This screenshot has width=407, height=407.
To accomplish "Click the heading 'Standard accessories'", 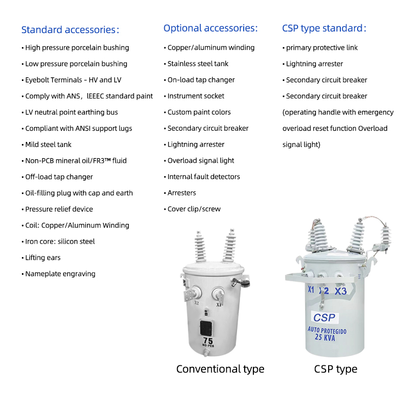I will (x=70, y=30).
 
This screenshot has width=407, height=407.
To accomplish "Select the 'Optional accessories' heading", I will (x=210, y=28).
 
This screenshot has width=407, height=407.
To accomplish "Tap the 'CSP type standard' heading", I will (x=324, y=28).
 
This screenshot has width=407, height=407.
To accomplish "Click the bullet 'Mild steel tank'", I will (x=48, y=144).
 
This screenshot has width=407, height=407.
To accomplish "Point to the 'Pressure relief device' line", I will (x=59, y=209).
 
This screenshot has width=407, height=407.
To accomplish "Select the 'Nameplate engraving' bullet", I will (x=60, y=274).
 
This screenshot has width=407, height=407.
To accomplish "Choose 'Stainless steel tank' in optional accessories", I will (x=198, y=64).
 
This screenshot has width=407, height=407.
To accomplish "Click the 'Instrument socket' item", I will (x=196, y=96).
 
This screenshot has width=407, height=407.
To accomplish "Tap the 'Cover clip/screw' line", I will (x=194, y=209).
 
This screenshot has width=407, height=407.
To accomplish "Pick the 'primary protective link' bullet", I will (x=322, y=48).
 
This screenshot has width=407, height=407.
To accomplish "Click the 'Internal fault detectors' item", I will (x=203, y=177).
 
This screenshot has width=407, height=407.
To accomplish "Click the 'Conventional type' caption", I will (x=220, y=369).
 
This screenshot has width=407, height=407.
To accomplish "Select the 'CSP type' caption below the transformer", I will (x=336, y=369).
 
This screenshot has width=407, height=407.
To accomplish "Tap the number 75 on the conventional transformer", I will (x=208, y=340).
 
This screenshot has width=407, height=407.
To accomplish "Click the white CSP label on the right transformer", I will (x=324, y=317).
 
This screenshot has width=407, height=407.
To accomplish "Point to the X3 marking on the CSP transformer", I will (x=341, y=291).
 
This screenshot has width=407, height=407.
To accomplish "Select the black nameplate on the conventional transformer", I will (x=206, y=327).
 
